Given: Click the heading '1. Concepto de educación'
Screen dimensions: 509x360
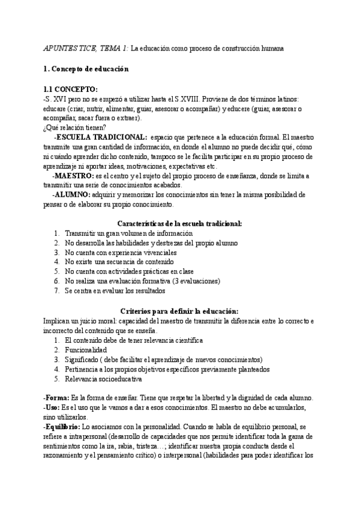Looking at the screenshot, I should point(86,69).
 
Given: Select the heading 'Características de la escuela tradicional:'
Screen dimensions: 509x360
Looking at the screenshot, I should point(180,223).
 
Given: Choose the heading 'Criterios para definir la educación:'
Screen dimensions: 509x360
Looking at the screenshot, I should point(179,311).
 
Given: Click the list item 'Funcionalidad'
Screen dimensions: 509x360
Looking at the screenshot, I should point(86,349).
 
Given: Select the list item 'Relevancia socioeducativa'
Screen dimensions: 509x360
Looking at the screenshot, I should point(103,378).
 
